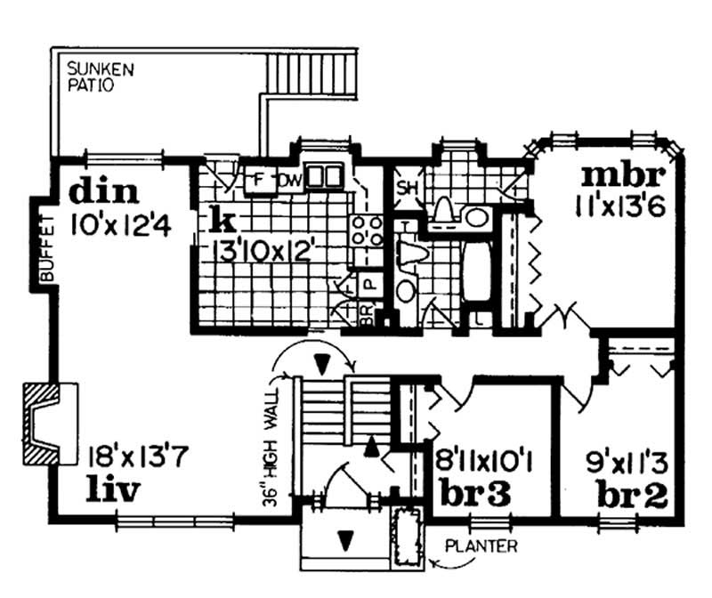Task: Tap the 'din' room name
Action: pyautogui.click(x=104, y=190)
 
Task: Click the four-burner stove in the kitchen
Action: pyautogui.click(x=366, y=232)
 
